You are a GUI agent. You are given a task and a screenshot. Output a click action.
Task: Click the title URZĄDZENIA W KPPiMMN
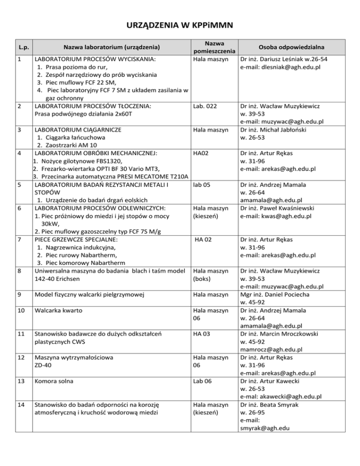pos(180,24)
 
